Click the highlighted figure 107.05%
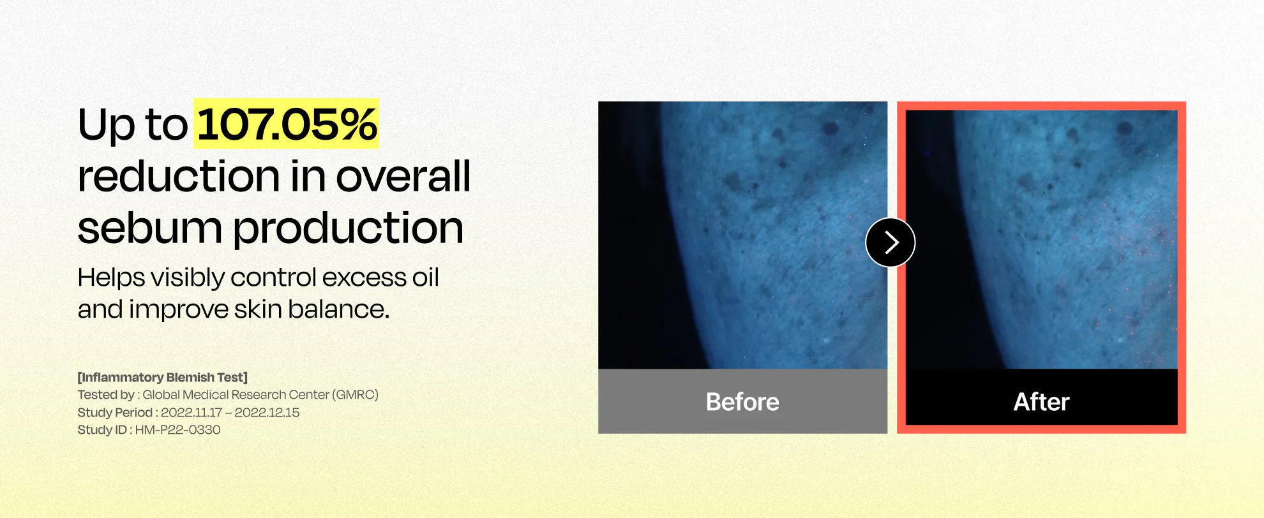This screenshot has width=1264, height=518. pyautogui.click(x=287, y=124)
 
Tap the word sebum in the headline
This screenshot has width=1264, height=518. pyautogui.click(x=149, y=228)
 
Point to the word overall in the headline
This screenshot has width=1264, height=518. pyautogui.click(x=403, y=175)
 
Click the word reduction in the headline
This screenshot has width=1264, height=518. pyautogui.click(x=179, y=175)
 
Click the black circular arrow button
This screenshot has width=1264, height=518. pyautogui.click(x=891, y=242)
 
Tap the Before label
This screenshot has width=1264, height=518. pyautogui.click(x=742, y=402)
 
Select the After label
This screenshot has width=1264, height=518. pyautogui.click(x=1041, y=402)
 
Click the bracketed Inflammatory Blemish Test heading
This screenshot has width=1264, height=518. pyautogui.click(x=163, y=378)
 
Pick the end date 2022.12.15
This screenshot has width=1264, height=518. pyautogui.click(x=267, y=413)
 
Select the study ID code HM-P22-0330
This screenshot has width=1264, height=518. pyautogui.click(x=177, y=430)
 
